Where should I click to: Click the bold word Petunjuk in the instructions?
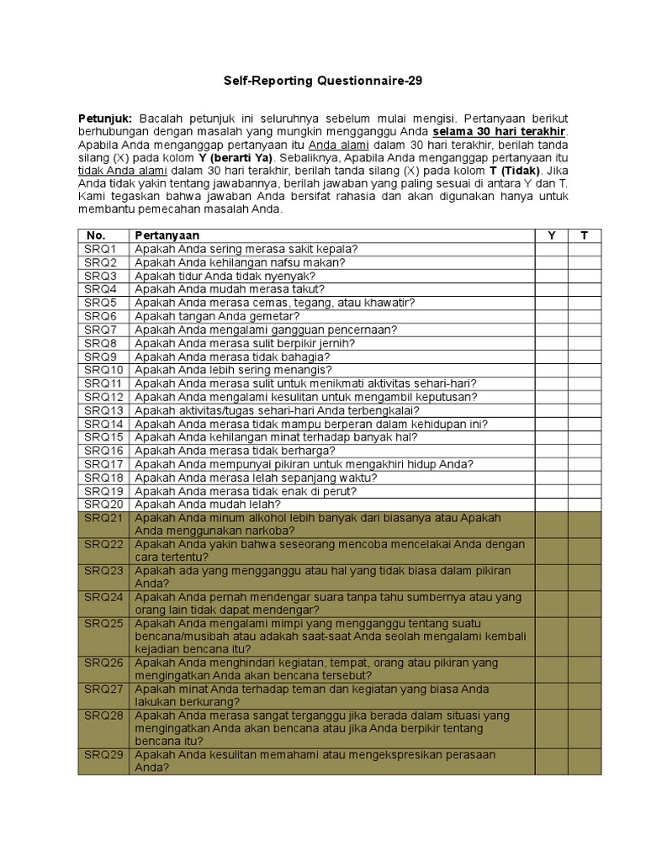point(106,119)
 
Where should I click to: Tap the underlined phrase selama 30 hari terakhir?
point(500,132)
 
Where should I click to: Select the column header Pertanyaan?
point(167,235)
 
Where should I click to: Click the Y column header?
point(551,235)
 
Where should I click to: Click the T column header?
point(585,235)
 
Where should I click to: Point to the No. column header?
point(96,235)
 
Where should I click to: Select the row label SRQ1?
point(100,249)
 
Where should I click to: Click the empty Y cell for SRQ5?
point(551,303)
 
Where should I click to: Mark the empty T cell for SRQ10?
point(585,370)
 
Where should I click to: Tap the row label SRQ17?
point(103,464)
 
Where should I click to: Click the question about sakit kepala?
point(246,249)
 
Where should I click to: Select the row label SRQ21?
point(103,518)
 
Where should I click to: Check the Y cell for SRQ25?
point(551,637)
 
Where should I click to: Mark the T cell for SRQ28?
point(585,728)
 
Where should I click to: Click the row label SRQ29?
point(103,754)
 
